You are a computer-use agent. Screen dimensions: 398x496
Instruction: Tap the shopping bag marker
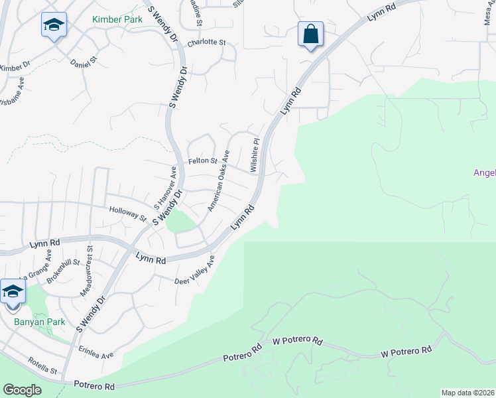point(310,34)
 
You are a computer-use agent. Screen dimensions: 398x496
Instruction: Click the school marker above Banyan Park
point(13,293)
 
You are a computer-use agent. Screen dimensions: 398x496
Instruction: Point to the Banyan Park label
point(31,322)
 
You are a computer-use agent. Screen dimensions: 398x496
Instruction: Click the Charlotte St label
point(206,42)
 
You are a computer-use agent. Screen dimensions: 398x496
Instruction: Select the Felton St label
point(204,161)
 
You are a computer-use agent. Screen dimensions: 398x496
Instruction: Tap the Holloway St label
point(127,212)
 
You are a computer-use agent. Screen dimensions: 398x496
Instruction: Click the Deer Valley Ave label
point(195,271)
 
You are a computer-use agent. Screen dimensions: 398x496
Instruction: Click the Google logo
point(22,389)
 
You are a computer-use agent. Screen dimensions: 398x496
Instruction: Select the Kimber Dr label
point(15,67)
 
